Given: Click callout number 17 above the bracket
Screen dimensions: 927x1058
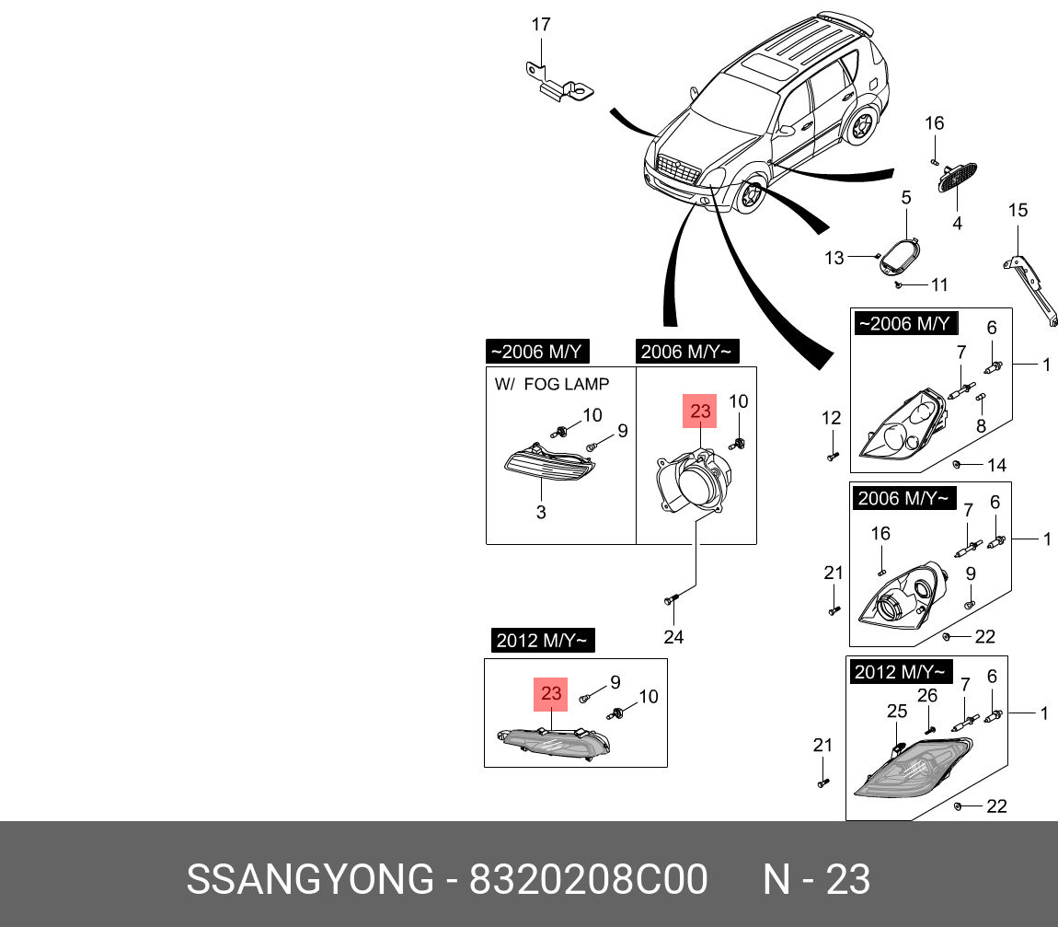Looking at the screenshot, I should coord(541,25).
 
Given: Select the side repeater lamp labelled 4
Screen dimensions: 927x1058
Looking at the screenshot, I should coord(955,177).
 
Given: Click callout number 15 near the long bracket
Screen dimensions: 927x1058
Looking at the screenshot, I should coord(1018,211).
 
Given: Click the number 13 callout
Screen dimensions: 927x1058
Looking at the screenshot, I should coord(834,259).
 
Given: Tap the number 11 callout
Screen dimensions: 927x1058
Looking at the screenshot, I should coord(938,285).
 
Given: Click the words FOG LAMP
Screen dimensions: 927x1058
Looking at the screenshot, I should coord(567,384).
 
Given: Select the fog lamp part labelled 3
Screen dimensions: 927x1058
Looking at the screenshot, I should coord(547,466).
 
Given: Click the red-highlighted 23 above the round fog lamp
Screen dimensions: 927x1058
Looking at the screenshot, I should coord(701,411).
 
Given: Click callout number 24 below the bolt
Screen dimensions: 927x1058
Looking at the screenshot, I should coord(674,636).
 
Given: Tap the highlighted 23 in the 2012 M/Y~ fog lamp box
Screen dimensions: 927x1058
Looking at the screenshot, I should coord(551,694).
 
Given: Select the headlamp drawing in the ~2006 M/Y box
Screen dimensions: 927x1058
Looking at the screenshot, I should coord(906,426).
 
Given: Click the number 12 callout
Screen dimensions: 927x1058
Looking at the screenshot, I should coord(832,418).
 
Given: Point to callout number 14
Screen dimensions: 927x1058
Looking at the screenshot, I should coord(997,466).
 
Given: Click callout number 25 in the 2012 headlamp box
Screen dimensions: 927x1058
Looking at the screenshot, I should coord(897,711).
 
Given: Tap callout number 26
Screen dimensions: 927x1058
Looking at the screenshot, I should coord(927,695).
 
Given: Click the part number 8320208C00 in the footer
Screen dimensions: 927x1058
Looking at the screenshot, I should coord(589,880).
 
